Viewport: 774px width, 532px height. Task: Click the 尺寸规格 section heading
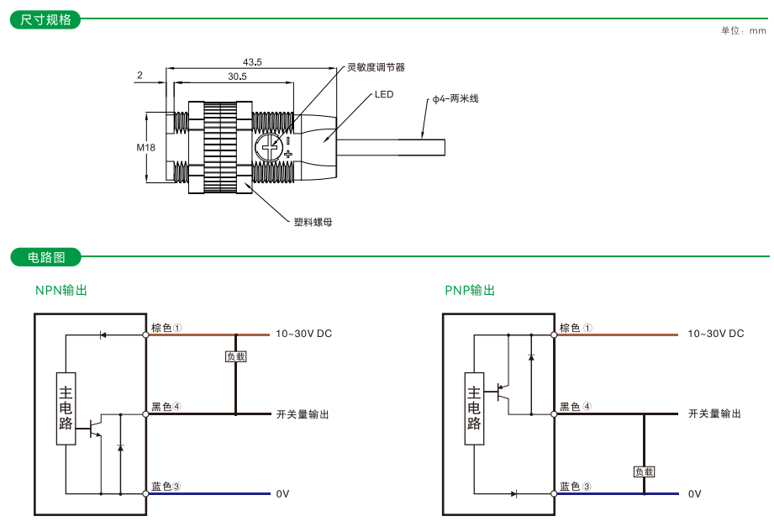click(x=45, y=19)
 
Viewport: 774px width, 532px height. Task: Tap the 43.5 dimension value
click(x=252, y=62)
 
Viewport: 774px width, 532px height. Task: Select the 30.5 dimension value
click(x=236, y=76)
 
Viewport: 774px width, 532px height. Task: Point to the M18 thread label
click(x=146, y=148)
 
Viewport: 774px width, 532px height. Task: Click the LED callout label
click(x=384, y=95)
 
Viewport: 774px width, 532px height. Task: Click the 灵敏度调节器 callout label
click(x=376, y=67)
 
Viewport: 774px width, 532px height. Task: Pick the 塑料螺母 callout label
click(x=313, y=223)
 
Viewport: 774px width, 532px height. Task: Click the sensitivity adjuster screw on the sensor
click(x=270, y=149)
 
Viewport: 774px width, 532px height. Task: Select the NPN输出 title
click(x=61, y=290)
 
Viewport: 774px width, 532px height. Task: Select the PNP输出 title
click(x=470, y=290)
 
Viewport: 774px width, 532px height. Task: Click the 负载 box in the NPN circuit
click(x=235, y=356)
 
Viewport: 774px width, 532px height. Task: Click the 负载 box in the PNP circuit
click(x=644, y=472)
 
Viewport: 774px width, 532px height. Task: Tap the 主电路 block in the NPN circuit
click(x=66, y=408)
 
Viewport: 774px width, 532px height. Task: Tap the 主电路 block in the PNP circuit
click(x=474, y=408)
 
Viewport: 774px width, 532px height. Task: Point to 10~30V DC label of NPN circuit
click(x=303, y=334)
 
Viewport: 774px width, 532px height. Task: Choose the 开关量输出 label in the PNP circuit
click(x=714, y=413)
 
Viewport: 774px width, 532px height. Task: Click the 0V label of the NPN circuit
click(x=282, y=493)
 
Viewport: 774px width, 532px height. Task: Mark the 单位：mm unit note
click(x=743, y=31)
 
